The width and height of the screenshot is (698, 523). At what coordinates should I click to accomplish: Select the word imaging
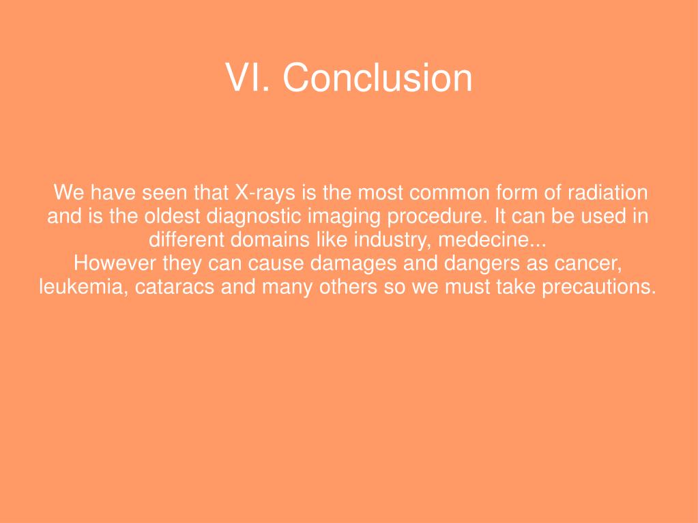[x=336, y=217]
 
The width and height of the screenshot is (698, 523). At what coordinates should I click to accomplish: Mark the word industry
[x=390, y=240]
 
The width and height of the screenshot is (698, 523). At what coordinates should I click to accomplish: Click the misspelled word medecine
[x=491, y=240]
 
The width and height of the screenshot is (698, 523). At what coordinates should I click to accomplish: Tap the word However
[x=115, y=263]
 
